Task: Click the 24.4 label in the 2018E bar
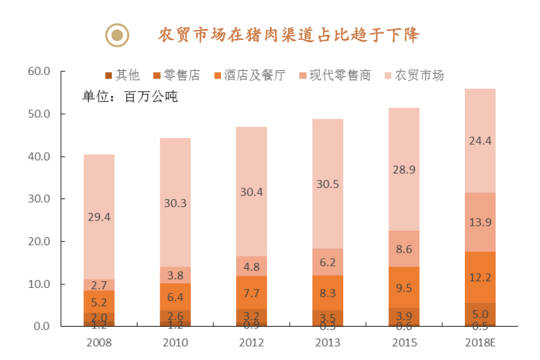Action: (480, 141)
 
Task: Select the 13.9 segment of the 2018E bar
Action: (480, 222)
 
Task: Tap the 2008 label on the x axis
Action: (99, 343)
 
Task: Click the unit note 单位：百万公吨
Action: (130, 97)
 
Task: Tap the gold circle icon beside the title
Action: (117, 35)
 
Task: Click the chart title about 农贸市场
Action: (288, 35)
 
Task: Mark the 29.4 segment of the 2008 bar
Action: (99, 217)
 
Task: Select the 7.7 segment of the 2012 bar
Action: (251, 293)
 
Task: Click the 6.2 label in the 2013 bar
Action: (327, 262)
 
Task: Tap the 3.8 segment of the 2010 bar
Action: (175, 275)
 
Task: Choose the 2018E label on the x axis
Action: (480, 343)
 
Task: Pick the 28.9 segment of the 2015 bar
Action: (404, 170)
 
